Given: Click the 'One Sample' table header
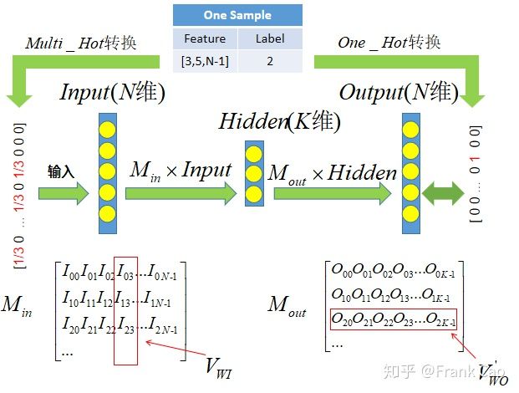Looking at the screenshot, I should [237, 15].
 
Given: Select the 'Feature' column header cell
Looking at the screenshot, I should [205, 38].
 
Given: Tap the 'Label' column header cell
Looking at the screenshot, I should [269, 38].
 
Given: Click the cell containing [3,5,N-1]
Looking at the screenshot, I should [205, 61].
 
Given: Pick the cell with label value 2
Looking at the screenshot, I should [269, 61].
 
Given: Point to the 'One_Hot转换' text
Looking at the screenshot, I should [389, 43].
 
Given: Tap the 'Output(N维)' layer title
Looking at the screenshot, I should [398, 92].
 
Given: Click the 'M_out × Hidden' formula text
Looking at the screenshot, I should [332, 173].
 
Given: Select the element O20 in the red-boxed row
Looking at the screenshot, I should [343, 319].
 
